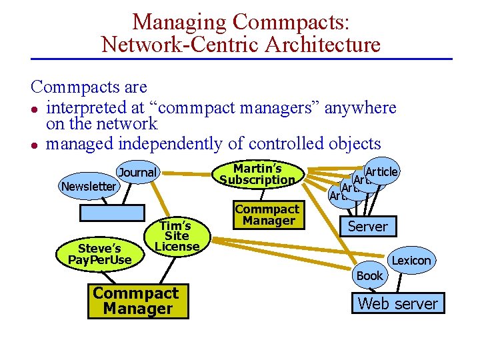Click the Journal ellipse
click(137, 173)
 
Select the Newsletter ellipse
click(88, 187)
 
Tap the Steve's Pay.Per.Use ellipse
click(105, 254)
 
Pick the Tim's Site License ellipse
click(177, 236)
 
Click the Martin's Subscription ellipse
click(257, 175)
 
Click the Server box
click(367, 227)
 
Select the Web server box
click(398, 304)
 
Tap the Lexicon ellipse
click(411, 261)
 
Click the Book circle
click(369, 275)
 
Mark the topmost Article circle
click(382, 171)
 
